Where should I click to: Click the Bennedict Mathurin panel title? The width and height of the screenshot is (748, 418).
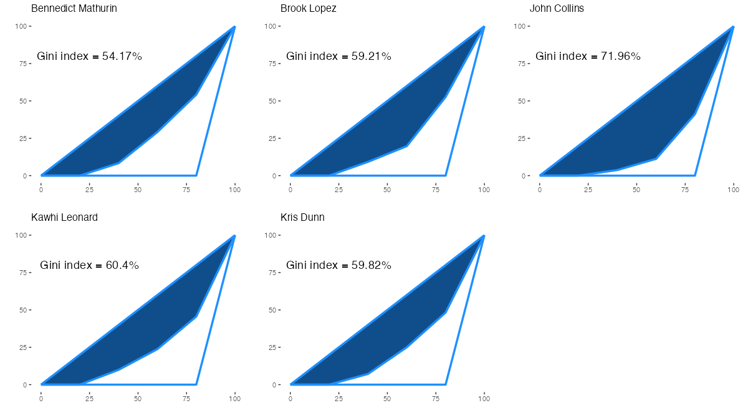tap(74, 9)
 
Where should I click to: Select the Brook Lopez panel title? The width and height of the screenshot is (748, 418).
tap(308, 9)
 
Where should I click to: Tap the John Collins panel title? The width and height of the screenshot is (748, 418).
tap(557, 9)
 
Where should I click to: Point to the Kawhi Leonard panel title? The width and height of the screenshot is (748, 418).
tap(64, 218)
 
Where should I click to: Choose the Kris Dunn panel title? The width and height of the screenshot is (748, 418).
tap(302, 218)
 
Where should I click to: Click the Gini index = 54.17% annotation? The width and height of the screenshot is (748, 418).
tap(90, 56)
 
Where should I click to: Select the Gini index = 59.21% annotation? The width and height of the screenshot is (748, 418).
tap(338, 56)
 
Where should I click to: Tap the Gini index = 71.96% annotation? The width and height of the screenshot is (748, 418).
tap(588, 56)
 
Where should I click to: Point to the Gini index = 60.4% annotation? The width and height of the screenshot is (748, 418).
tap(90, 265)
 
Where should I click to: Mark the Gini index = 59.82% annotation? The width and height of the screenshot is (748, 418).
tap(338, 265)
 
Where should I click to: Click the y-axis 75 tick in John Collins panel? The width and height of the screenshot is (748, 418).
tap(522, 64)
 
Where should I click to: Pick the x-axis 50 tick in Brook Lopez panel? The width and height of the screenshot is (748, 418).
tap(387, 188)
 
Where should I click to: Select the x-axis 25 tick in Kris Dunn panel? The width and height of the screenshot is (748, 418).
tap(338, 397)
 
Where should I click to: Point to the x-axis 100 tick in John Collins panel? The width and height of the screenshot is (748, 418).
tap(733, 188)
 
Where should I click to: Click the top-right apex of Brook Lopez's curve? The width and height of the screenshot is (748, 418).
tap(484, 27)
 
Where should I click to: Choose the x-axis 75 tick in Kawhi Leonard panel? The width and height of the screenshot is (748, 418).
tap(186, 397)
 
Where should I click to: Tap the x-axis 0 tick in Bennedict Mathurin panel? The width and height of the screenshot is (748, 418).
tap(41, 188)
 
